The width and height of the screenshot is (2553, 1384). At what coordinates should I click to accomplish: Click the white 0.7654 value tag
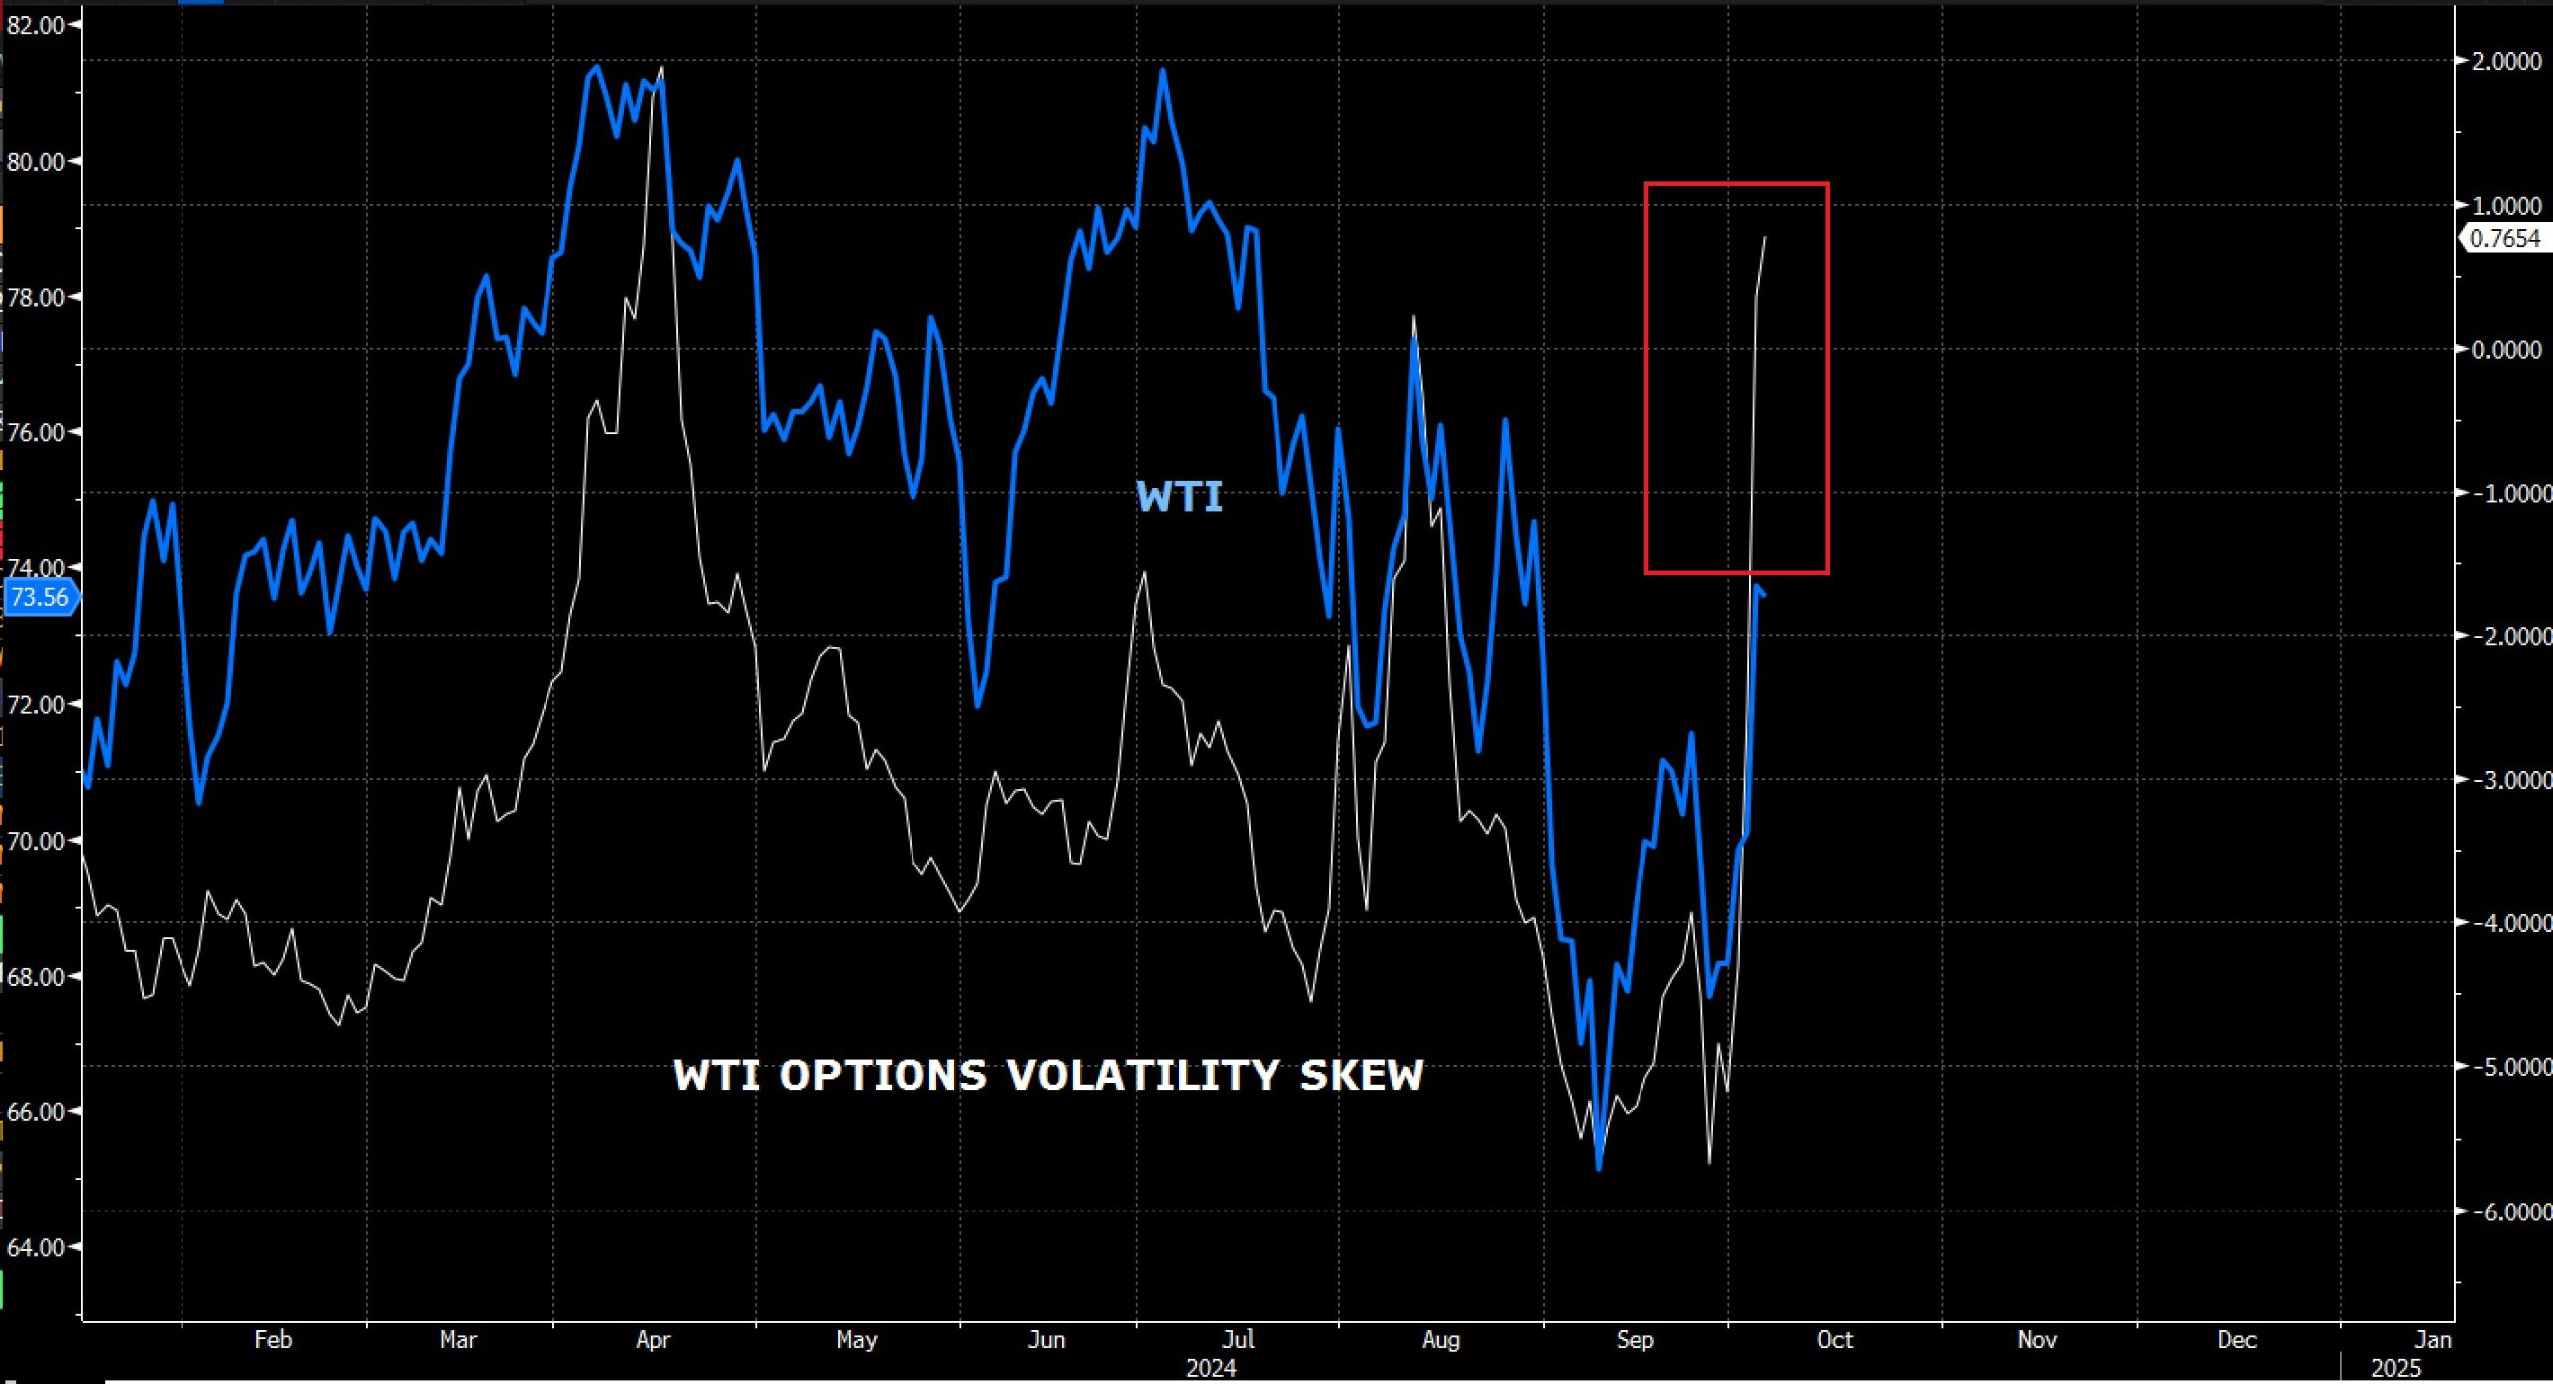(2505, 239)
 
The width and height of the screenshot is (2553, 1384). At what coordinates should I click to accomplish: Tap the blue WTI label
(1179, 497)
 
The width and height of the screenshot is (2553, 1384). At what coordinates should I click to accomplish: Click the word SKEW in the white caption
(1361, 1076)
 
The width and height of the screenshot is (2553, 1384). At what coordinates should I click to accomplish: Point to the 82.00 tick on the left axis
(36, 25)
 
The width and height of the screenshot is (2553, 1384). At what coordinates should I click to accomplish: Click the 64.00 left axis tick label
(36, 1247)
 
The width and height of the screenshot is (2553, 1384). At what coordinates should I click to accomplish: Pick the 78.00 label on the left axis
(36, 297)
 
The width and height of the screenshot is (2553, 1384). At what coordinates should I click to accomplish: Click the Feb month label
(273, 1340)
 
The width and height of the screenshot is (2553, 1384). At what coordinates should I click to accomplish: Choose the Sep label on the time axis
(1635, 1340)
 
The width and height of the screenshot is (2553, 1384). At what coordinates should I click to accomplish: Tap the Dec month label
(2236, 1340)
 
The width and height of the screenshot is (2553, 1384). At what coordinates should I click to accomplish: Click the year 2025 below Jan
(2395, 1368)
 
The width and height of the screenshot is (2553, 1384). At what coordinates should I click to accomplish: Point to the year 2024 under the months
(1211, 1368)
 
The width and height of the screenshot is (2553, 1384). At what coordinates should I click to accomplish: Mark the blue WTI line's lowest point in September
(1599, 1168)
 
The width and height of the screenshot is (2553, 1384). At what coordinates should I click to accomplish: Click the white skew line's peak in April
(662, 68)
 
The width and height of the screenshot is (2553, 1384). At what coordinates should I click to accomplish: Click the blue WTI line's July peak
(1162, 70)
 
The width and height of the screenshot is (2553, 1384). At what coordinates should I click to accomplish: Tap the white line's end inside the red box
(1765, 237)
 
